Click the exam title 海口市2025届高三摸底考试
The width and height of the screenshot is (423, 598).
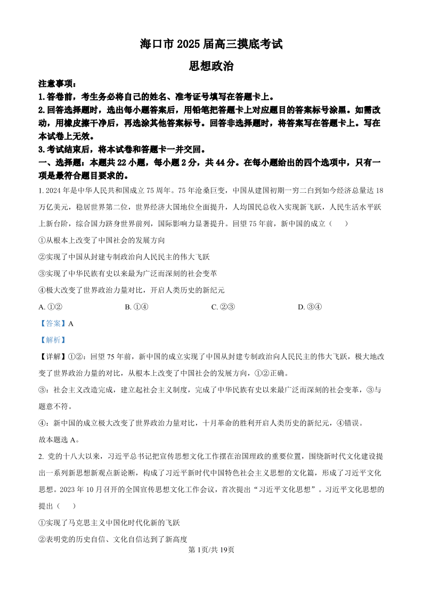point(211,45)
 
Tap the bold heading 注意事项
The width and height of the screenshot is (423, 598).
point(58,84)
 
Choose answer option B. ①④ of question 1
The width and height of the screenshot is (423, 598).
point(136,307)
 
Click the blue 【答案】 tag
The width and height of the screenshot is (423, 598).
point(52,323)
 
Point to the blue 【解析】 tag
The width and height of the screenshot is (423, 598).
point(52,340)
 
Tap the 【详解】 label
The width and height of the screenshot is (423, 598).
point(52,356)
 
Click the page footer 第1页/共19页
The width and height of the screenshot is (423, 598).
point(211,550)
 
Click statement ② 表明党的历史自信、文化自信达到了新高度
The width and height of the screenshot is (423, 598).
point(113,539)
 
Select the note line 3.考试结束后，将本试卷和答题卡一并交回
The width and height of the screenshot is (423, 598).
point(122,150)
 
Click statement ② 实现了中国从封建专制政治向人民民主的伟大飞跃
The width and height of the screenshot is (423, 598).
point(124,257)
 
